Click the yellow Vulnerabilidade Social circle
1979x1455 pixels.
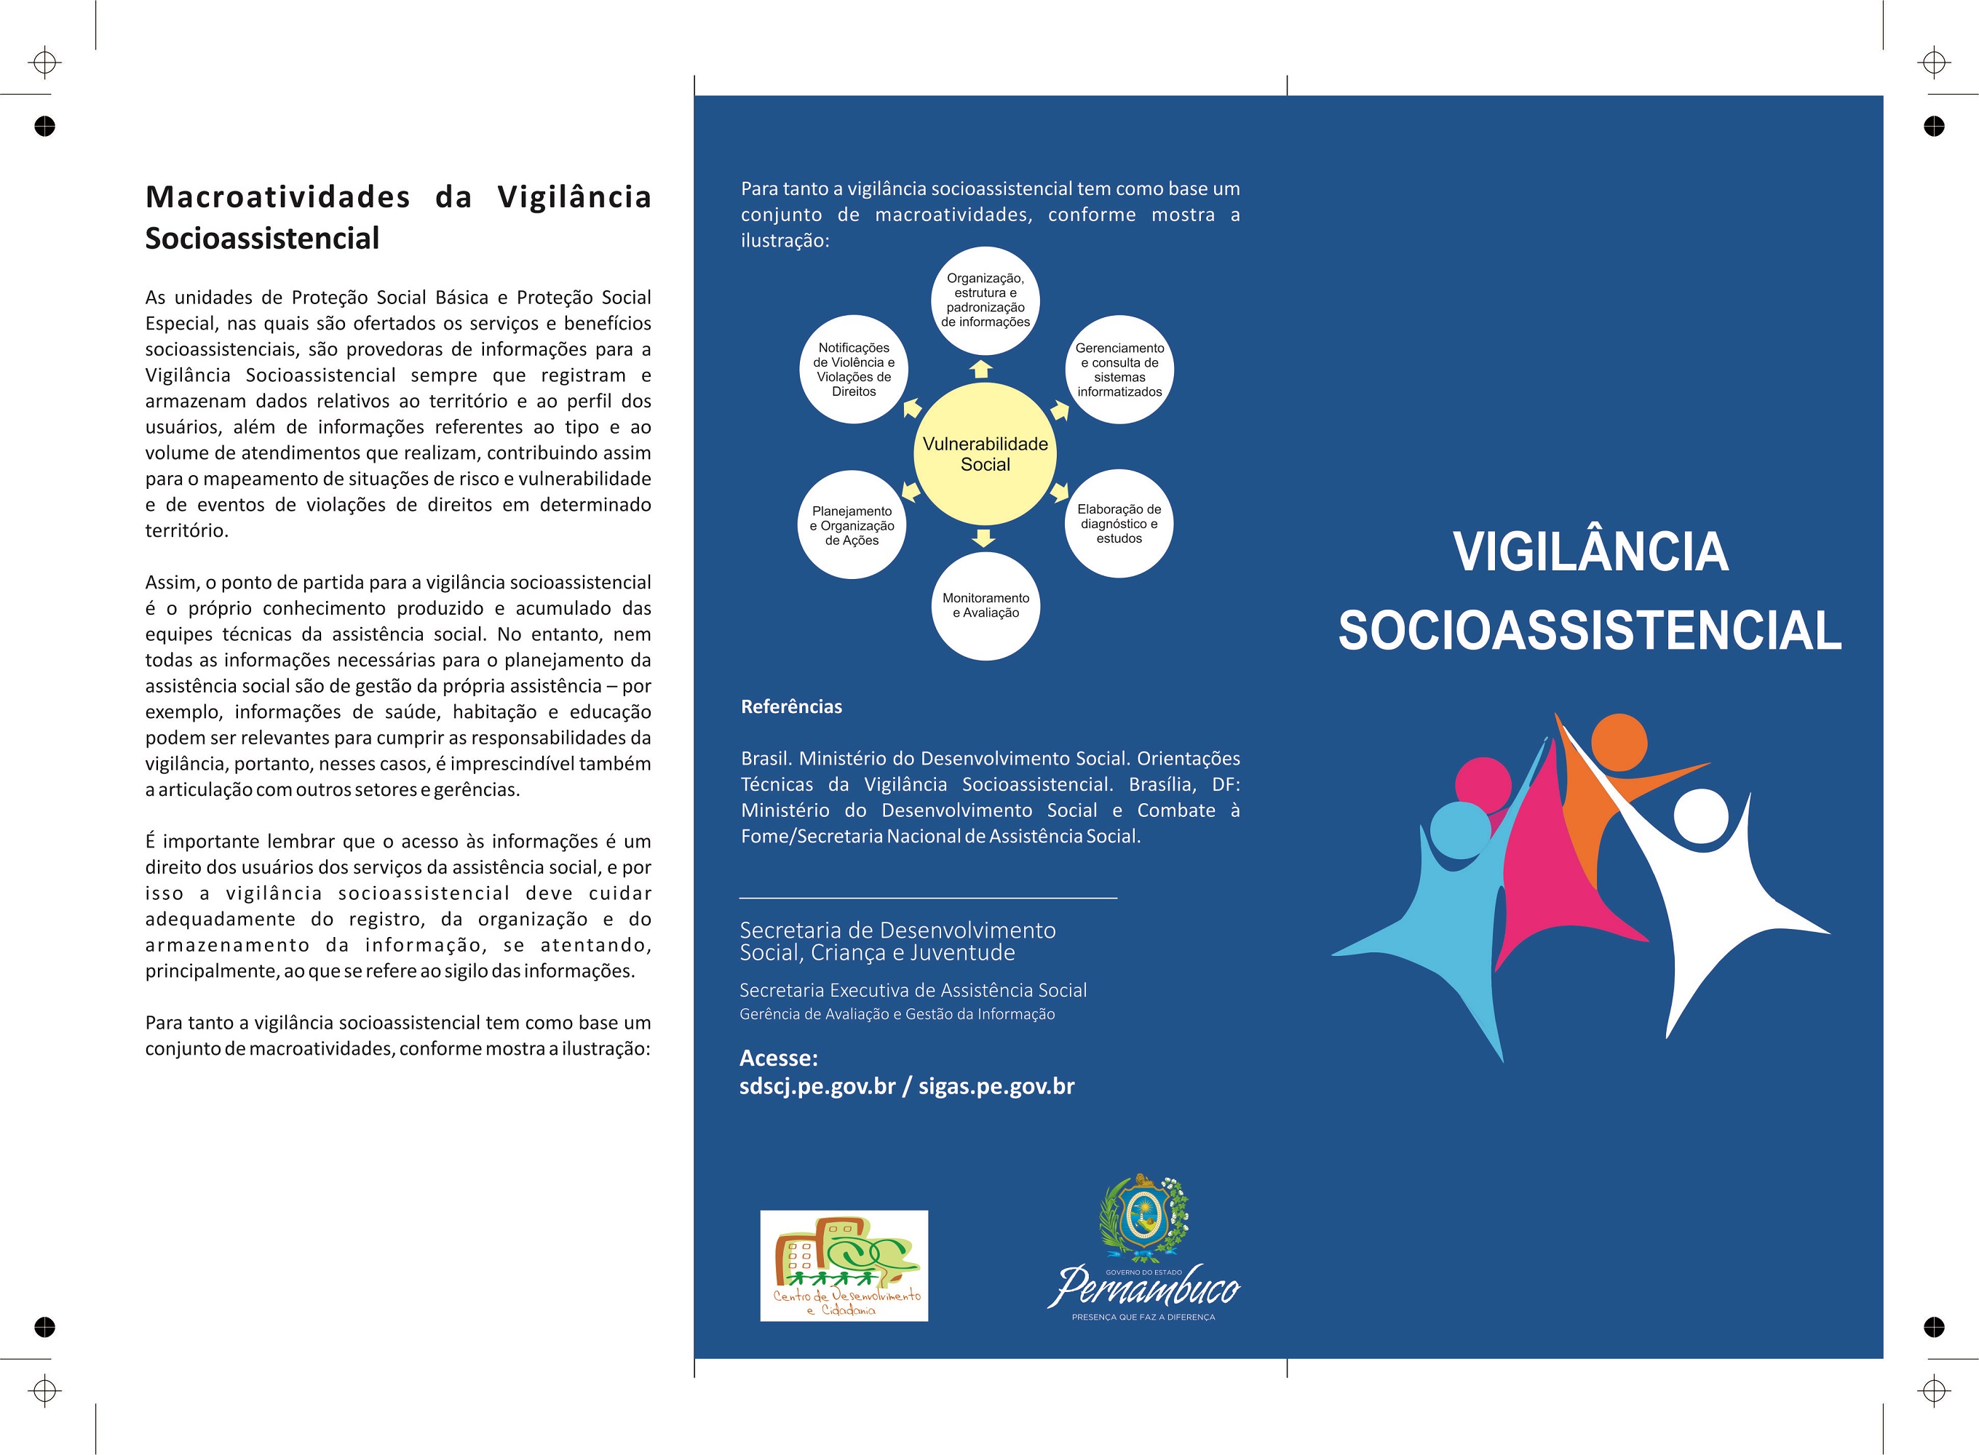[x=985, y=453]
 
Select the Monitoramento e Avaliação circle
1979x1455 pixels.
[x=985, y=606]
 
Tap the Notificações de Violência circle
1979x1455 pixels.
[x=854, y=370]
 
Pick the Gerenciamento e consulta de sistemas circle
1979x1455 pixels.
[x=1119, y=370]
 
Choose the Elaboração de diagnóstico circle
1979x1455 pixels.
[x=1119, y=523]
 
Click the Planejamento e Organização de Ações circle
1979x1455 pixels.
[x=852, y=526]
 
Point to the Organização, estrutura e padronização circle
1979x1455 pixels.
[x=985, y=300]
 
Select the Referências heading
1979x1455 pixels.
[x=791, y=706]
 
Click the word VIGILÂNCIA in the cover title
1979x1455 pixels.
[x=1590, y=552]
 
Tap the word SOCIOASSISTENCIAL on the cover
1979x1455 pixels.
[x=1590, y=631]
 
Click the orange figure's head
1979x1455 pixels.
[x=1619, y=741]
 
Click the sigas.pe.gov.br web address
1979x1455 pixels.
[x=996, y=1086]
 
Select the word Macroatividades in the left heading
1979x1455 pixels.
[x=277, y=196]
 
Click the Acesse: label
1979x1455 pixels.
[x=779, y=1058]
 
